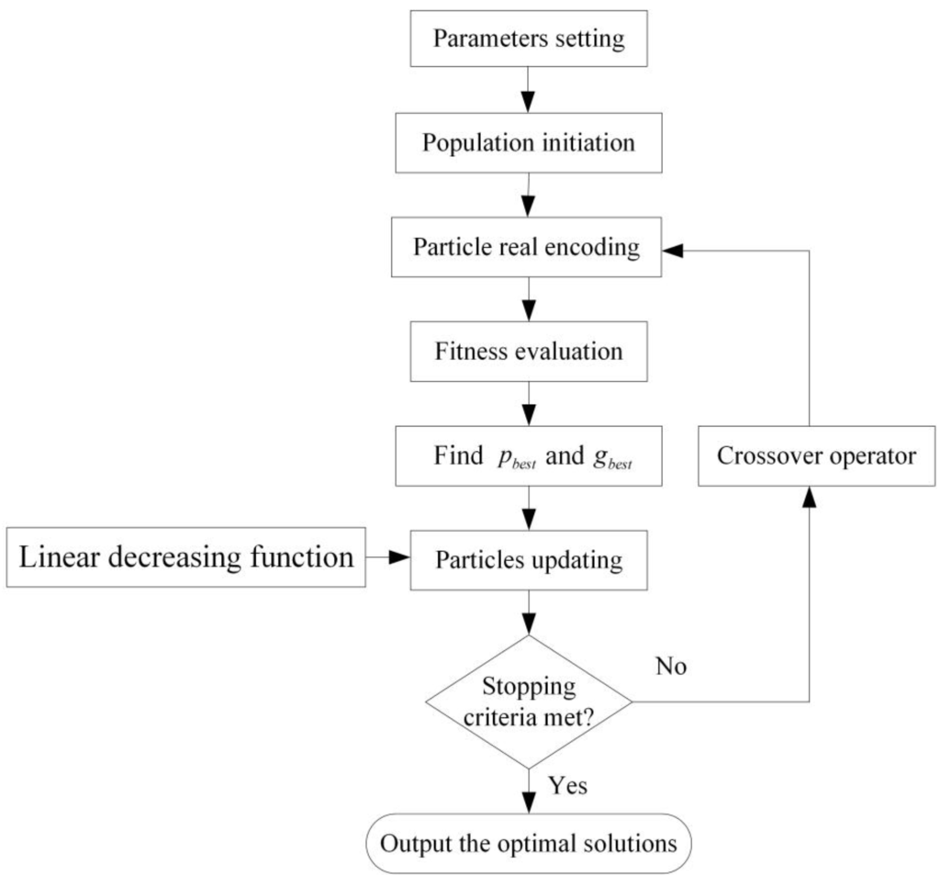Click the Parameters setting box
pos(529,39)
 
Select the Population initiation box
pos(529,144)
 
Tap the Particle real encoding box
pos(529,248)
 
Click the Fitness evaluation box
pos(529,352)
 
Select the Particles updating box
pos(529,559)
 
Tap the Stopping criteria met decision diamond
pos(529,702)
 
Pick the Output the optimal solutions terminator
pos(529,843)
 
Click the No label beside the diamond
pos(671,667)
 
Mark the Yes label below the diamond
pos(568,787)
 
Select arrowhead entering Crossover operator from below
pos(809,497)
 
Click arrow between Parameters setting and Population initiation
pos(529,92)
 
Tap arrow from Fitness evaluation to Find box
pos(529,404)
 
